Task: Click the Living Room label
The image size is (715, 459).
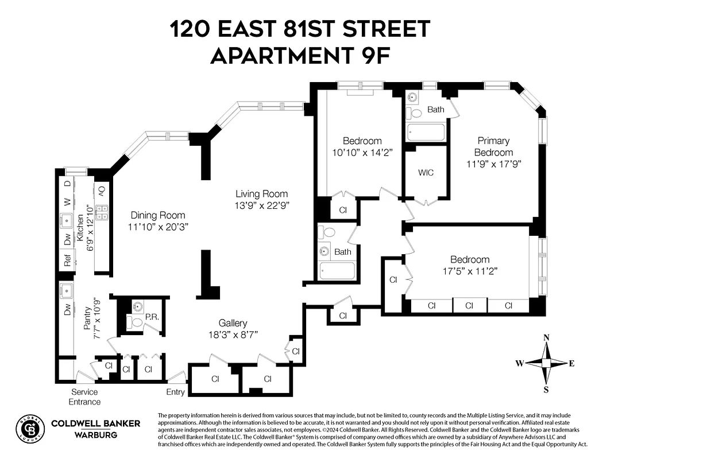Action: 261,194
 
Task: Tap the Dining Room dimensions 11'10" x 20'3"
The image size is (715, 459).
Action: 159,227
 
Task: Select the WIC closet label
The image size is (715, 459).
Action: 426,173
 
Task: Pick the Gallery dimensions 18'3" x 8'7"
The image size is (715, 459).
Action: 233,334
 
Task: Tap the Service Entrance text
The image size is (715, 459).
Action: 84,396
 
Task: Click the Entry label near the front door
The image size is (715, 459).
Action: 176,392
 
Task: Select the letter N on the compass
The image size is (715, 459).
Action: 547,337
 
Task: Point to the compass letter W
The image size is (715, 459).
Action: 519,363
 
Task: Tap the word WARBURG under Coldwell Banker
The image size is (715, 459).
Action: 95,435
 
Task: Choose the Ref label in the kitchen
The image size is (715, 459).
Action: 67,261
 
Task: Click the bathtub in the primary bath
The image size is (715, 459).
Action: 426,133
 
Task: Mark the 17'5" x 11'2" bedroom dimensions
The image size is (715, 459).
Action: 469,270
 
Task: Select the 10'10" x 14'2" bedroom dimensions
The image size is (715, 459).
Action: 362,152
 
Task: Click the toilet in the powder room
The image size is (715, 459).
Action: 134,322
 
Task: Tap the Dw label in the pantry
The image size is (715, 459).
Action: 67,310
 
